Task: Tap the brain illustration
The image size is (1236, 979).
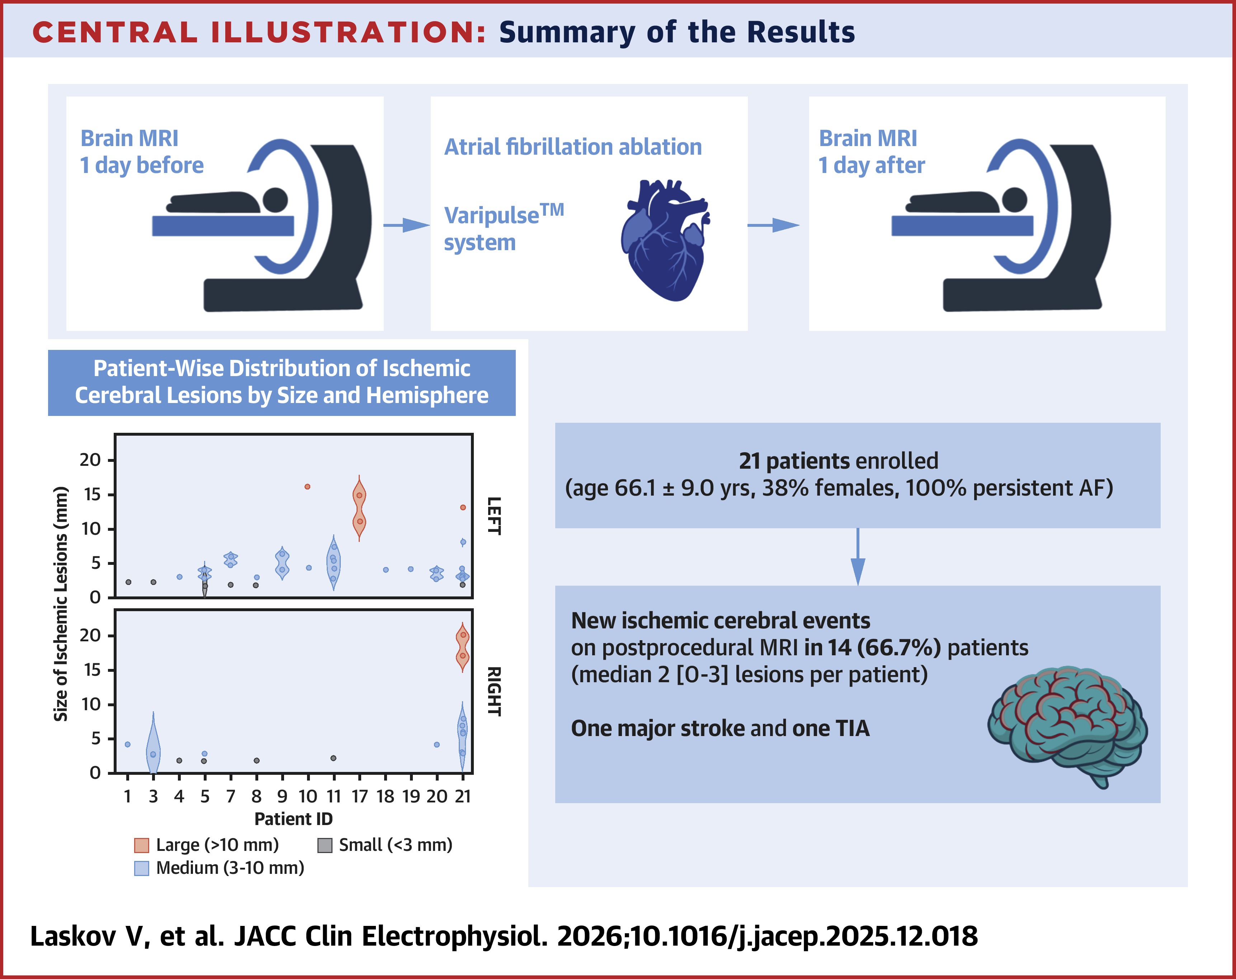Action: click(1066, 722)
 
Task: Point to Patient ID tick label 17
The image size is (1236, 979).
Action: click(359, 796)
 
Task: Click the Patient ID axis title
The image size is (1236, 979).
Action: click(293, 819)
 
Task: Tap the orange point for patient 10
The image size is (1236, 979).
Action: click(308, 487)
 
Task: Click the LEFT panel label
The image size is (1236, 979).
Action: click(494, 516)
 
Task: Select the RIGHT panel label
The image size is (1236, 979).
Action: click(494, 691)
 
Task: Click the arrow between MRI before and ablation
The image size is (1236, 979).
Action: click(406, 225)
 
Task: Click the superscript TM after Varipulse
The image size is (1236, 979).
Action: click(552, 210)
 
